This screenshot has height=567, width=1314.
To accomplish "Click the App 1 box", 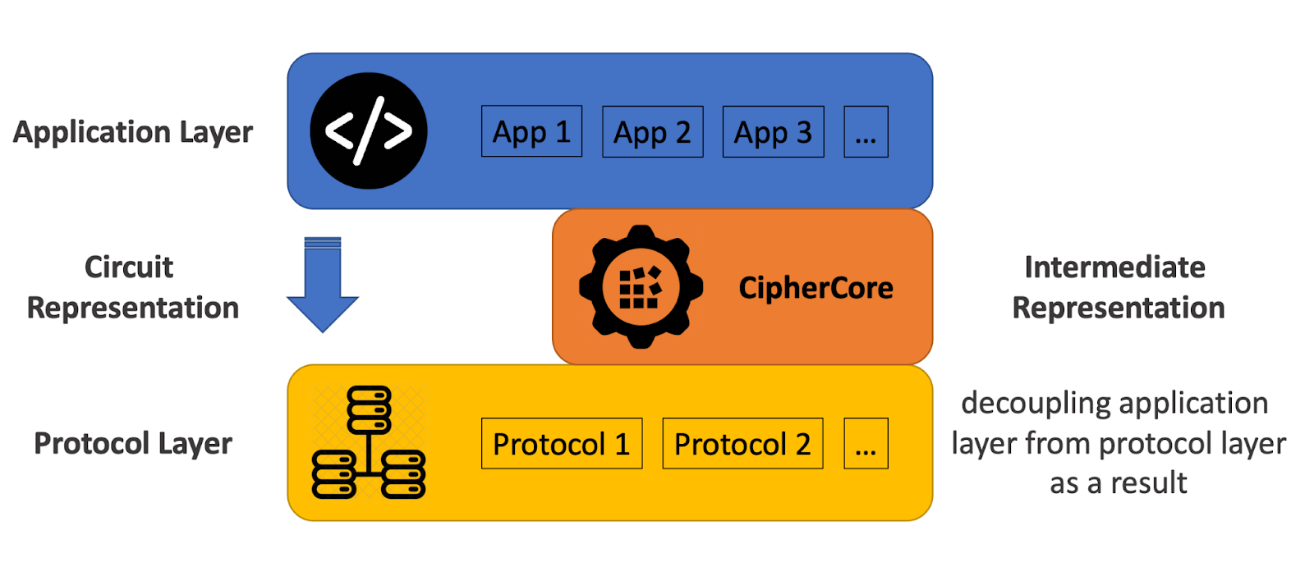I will [531, 131].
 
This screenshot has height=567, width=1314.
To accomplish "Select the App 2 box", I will [652, 131].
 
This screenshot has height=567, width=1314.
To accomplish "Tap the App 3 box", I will [773, 131].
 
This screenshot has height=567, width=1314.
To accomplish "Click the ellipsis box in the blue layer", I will [866, 131].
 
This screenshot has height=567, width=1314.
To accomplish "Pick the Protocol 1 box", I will [561, 444].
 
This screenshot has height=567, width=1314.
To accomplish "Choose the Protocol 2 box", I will [742, 444].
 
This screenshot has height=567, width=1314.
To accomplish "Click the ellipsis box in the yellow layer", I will [866, 444].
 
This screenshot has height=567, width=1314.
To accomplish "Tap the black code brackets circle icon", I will [369, 130].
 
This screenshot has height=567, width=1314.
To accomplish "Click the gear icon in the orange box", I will [641, 287].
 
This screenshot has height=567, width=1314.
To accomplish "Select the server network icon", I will [369, 443].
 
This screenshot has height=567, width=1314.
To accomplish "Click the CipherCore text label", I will [816, 288].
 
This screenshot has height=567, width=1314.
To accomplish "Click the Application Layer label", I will [133, 132].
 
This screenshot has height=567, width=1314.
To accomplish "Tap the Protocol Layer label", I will [133, 443].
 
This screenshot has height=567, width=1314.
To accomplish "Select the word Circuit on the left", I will [129, 267].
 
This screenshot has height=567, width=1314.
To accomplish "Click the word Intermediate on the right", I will [1114, 267].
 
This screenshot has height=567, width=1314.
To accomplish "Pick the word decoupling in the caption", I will [1028, 404].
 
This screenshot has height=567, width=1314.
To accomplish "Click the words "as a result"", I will [1118, 482].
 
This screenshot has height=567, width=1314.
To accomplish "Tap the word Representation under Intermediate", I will [1118, 308].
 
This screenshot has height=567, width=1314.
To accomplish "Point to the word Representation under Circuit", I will [133, 308].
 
